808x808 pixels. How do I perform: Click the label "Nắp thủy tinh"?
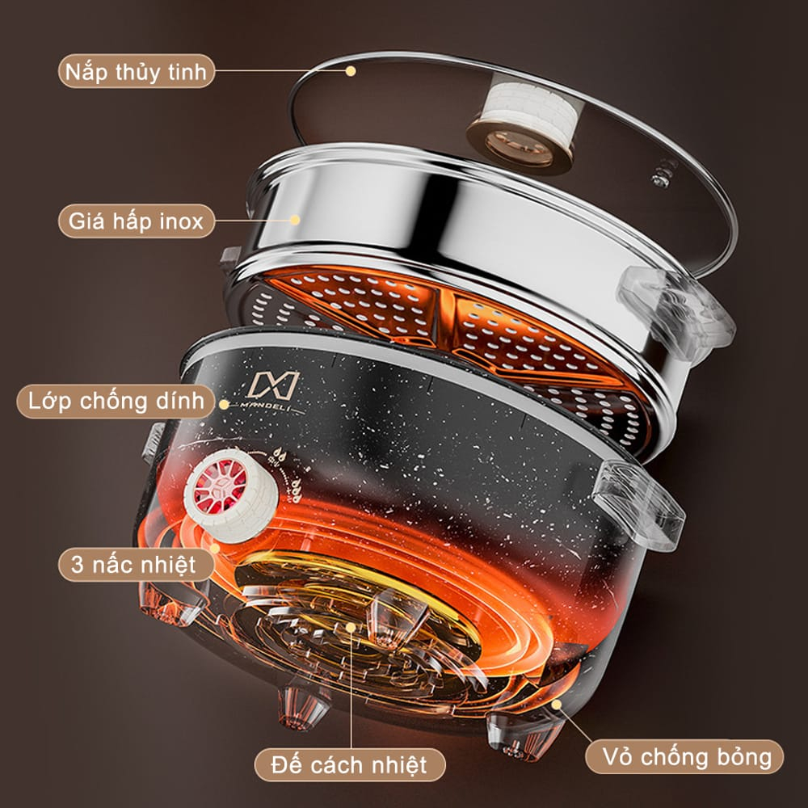(136, 71)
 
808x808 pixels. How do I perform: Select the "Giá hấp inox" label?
(136, 221)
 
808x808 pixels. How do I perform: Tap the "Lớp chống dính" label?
(116, 401)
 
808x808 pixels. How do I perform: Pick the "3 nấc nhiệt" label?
(136, 564)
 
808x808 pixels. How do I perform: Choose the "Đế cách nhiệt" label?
(349, 764)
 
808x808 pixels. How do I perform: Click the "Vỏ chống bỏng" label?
(684, 757)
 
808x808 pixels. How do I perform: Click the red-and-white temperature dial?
(232, 495)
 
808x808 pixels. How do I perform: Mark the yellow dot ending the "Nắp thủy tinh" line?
(351, 71)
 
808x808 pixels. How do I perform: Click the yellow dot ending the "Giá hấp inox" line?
(295, 220)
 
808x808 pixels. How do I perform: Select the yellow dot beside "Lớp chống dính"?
(224, 404)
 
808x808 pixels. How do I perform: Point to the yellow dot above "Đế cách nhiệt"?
(351, 627)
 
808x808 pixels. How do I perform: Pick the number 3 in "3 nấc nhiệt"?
(78, 564)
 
